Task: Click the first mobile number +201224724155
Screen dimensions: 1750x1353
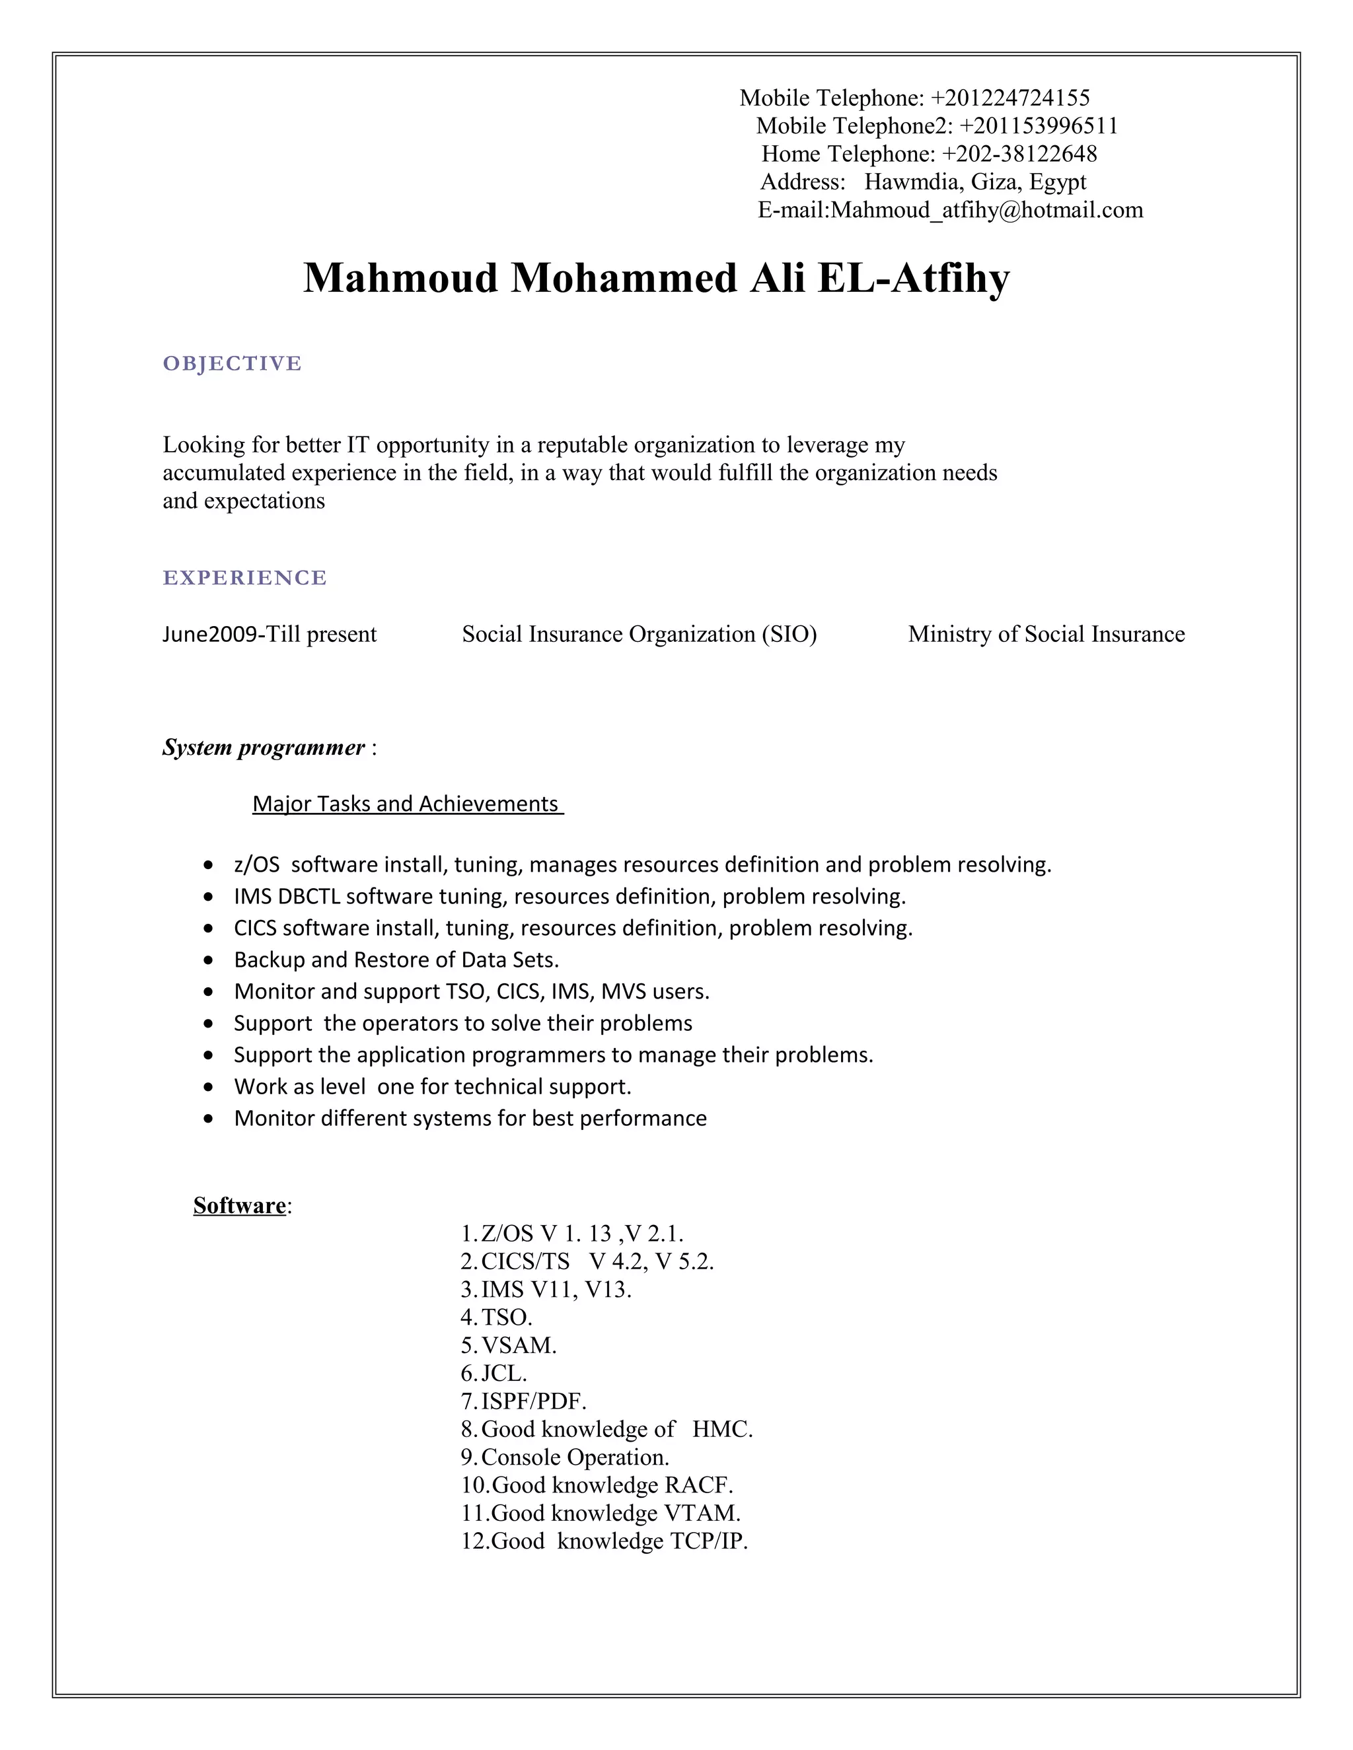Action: [x=1010, y=98]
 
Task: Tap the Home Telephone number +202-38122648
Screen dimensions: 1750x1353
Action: [x=1019, y=154]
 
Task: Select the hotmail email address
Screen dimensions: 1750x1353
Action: [x=986, y=210]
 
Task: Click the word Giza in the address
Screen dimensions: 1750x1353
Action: [x=994, y=182]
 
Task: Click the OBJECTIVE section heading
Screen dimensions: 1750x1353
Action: [x=233, y=364]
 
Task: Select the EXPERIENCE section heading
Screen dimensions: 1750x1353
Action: [x=244, y=578]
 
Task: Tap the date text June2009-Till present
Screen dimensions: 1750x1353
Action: [x=270, y=635]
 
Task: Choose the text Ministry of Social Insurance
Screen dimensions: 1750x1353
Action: [x=1046, y=635]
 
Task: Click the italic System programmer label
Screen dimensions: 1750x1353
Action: [x=264, y=748]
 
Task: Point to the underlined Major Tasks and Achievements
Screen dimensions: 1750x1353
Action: [x=407, y=804]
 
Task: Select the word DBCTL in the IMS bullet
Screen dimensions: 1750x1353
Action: [x=309, y=897]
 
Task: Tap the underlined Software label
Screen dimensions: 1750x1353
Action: [x=240, y=1206]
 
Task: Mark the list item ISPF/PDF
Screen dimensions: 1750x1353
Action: [x=533, y=1401]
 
